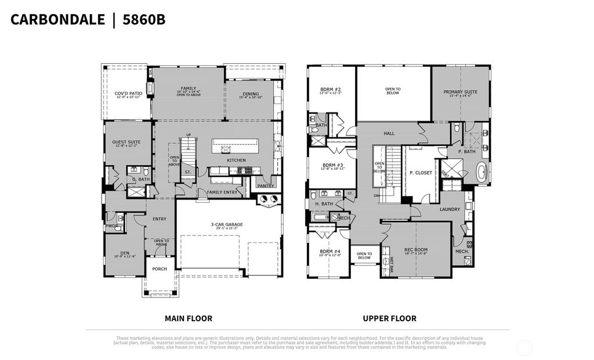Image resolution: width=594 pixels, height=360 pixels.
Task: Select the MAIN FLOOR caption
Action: (189, 318)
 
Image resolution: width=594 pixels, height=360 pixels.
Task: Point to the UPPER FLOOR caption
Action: (389, 318)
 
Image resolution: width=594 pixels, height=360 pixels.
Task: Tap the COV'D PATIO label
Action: (128, 93)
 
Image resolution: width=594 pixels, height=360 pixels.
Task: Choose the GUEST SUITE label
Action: (126, 141)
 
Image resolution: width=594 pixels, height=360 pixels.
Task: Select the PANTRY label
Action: (265, 186)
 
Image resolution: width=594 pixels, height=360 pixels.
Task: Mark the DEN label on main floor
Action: (125, 253)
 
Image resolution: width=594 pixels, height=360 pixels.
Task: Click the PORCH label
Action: (160, 268)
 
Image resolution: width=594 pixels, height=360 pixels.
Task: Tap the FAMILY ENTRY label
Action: (222, 192)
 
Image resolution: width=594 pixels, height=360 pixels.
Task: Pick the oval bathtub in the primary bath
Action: (482, 173)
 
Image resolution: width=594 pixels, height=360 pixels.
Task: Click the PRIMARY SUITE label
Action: (460, 92)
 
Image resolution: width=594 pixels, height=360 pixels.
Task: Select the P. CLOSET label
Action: (421, 173)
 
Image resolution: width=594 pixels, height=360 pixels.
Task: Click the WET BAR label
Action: (392, 260)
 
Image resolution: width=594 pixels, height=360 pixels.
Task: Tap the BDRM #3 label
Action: (333, 165)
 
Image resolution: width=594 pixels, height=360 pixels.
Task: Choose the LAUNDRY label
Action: (450, 209)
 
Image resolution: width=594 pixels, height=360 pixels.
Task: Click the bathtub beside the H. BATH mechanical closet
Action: (319, 217)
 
